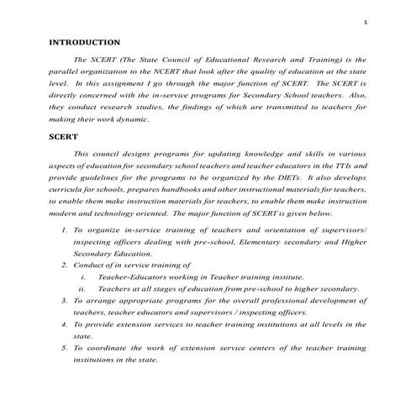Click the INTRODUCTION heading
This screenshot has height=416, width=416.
coord(85,41)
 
